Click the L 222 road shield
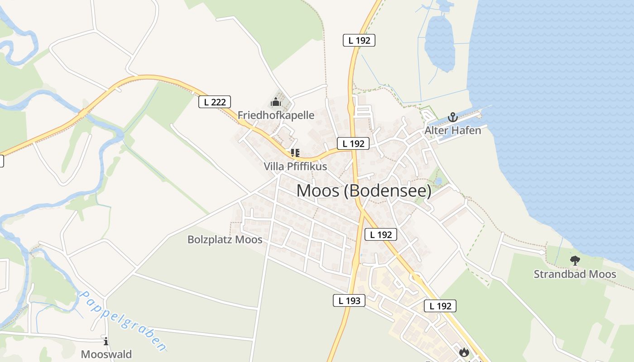215,102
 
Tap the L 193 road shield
349,300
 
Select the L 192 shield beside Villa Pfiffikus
353,143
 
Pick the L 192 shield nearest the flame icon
440,306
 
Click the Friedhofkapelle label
276,115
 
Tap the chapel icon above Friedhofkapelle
276,102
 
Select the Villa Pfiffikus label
295,167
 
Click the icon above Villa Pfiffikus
295,153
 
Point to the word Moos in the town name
317,191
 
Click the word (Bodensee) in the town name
388,191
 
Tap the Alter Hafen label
452,130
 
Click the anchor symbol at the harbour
452,118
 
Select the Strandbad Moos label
575,274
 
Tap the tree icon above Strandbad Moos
575,261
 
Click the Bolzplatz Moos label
225,239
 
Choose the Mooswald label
106,354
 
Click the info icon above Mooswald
106,341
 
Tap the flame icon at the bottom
464,352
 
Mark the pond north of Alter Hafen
439,43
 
